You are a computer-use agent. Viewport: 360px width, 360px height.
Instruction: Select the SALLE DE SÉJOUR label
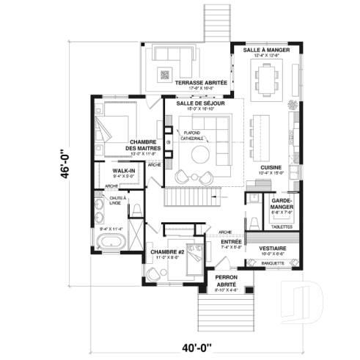click(x=200, y=104)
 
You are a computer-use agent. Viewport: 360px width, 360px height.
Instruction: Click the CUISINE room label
click(x=272, y=167)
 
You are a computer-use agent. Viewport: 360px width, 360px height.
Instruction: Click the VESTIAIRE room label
click(x=273, y=249)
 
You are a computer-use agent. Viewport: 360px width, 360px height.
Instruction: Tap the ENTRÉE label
click(x=232, y=242)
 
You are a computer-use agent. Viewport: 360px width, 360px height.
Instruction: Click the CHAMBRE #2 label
click(x=166, y=253)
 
